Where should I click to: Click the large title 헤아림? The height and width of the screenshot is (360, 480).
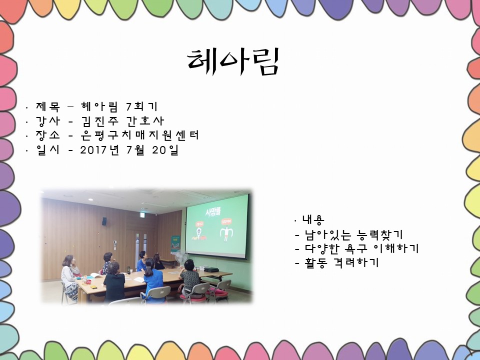coord(233,61)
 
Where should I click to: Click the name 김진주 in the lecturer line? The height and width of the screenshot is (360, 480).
coord(100,121)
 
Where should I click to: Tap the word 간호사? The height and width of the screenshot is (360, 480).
coord(145,121)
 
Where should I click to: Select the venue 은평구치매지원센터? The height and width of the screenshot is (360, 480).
coord(140,135)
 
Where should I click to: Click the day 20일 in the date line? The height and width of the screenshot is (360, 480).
coord(165,150)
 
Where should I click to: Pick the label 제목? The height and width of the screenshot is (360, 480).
coord(48,106)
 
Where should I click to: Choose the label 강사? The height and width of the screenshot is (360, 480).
coord(48,121)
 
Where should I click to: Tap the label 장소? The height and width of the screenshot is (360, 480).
coord(48,135)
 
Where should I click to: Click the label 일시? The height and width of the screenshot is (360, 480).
coord(48,150)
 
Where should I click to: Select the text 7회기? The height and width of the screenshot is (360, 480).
coord(141,106)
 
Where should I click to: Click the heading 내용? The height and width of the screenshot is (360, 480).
coord(313,219)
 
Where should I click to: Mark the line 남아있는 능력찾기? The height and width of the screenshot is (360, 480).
coord(353,235)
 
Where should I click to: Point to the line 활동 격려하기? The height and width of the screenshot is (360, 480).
coord(342,262)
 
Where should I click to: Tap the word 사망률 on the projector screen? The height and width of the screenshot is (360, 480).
coord(213,211)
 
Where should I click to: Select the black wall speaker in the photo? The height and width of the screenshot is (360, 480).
coord(104,221)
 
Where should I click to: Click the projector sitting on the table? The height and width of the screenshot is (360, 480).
coord(211,269)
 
